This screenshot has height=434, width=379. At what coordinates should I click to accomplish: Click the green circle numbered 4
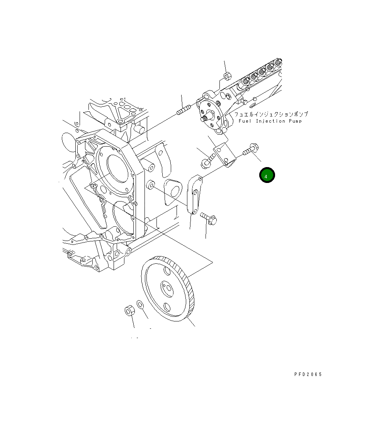pyautogui.click(x=267, y=175)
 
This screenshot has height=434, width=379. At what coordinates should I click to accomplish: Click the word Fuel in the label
pyautogui.click(x=245, y=121)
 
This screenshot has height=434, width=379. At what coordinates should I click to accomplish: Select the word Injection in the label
pyautogui.click(x=270, y=121)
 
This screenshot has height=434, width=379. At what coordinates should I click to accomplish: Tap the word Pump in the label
pyautogui.click(x=295, y=121)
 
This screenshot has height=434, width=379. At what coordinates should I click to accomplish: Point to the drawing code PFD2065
pyautogui.click(x=308, y=374)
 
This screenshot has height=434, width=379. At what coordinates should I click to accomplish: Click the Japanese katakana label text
pyautogui.click(x=271, y=114)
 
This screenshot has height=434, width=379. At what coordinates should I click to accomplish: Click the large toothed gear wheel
pyautogui.click(x=168, y=289)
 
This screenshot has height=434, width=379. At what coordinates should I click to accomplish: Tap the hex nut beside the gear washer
pyautogui.click(x=129, y=310)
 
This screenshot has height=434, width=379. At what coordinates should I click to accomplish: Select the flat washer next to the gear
pyautogui.click(x=140, y=304)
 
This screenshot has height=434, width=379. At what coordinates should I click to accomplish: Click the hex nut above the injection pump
pyautogui.click(x=227, y=76)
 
